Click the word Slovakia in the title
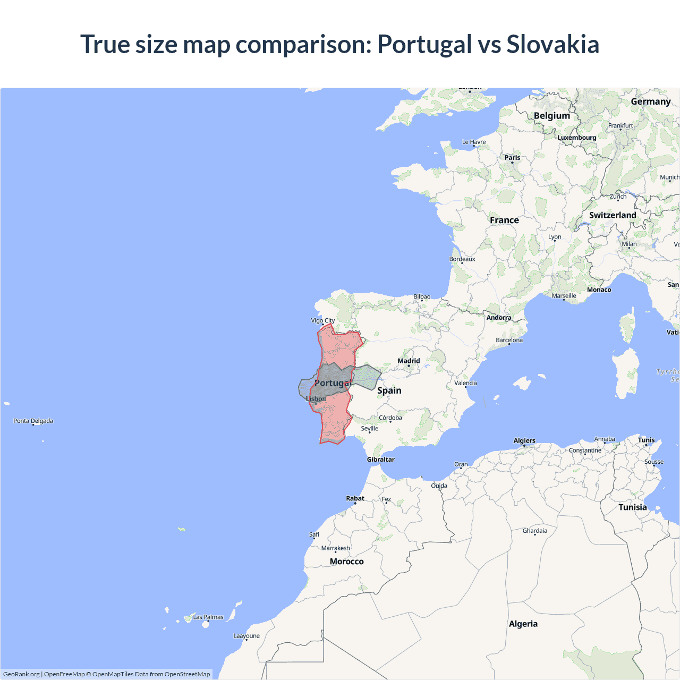552,44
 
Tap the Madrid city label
409,361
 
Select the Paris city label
512,157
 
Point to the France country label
504,220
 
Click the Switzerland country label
612,215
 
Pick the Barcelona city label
509,340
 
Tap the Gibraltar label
380,460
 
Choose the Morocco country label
346,562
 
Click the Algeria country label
523,624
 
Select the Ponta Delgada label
33,421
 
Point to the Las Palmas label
208,617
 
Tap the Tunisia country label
632,507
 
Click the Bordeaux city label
462,259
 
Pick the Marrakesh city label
335,548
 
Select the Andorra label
498,318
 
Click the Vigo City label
322,320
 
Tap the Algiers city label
524,440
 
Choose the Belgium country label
551,116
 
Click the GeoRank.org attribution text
21,674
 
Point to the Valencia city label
465,383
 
